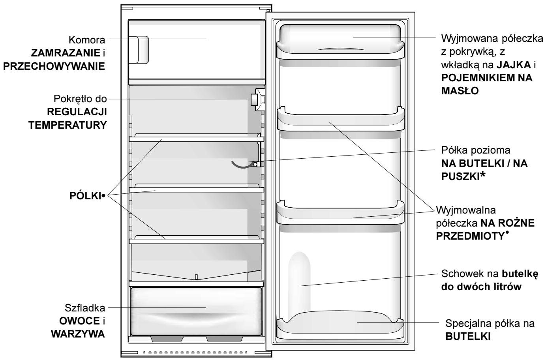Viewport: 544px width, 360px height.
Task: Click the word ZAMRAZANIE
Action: coord(65,53)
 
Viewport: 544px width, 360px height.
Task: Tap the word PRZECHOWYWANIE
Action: coord(54,66)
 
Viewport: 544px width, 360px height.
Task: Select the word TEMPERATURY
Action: coord(68,125)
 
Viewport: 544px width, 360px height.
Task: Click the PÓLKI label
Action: coord(85,195)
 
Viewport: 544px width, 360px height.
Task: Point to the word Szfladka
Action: coord(85,308)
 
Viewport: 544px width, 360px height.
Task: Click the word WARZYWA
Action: coord(78,334)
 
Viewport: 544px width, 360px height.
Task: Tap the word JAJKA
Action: coord(513,65)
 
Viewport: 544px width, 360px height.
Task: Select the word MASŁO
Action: coord(460,91)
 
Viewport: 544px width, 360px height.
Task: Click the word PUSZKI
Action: coord(460,177)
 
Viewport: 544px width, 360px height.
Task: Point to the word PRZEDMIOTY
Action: coord(471,236)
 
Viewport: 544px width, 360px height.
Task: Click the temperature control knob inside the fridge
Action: coord(254,99)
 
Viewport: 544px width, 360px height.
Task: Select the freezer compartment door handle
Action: coord(139,50)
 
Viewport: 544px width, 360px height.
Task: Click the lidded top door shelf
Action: coord(340,42)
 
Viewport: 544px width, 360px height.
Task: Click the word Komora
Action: coord(87,40)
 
